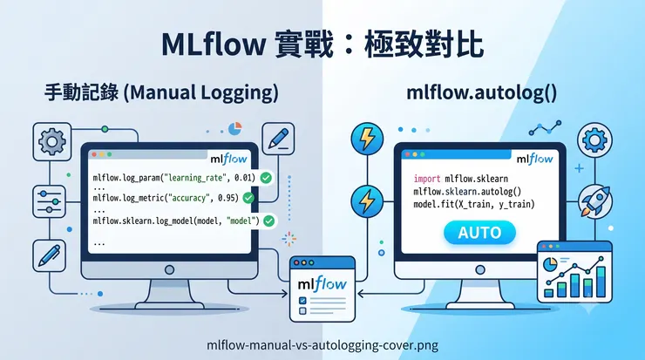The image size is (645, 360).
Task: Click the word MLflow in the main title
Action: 214,44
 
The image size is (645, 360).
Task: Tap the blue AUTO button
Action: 479,233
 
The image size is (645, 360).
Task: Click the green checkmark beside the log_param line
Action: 266,178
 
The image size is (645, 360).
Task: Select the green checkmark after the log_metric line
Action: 248,198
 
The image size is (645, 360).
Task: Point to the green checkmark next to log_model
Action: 268,221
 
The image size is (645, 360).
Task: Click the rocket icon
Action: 594,201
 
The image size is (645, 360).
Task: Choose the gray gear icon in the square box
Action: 51,141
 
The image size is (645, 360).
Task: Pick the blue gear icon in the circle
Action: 594,139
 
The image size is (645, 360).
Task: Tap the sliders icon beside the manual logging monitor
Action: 50,201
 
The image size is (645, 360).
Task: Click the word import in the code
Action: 427,179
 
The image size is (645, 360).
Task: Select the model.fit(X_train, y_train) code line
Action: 474,204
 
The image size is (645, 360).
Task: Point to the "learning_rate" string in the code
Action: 195,178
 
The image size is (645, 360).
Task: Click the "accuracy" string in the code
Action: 188,198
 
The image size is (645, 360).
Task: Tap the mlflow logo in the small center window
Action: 322,284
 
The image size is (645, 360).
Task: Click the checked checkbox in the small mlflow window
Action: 302,301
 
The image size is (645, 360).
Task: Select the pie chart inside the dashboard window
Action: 550,264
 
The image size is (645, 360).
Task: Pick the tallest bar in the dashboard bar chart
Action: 601,282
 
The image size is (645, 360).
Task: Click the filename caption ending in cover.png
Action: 322,345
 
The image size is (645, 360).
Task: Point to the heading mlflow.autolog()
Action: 482,92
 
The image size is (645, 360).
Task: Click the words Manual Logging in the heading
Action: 200,92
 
